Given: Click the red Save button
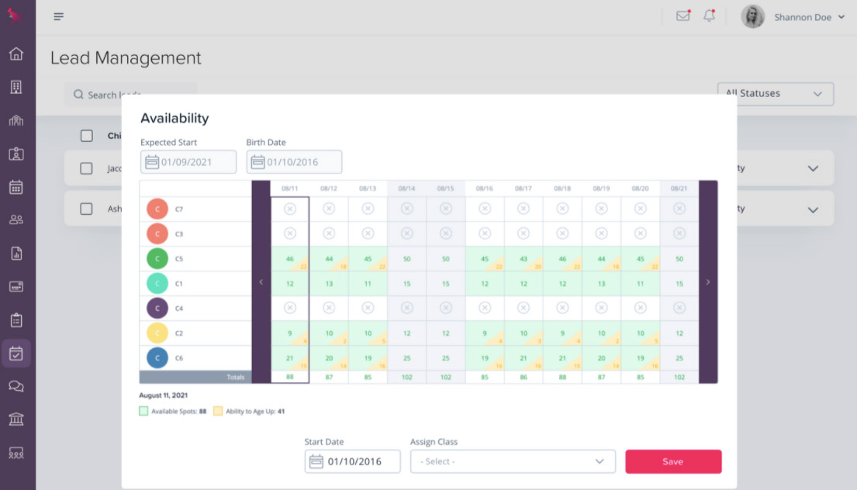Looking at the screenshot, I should coord(673,461).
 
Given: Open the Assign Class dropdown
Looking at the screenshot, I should coord(513,461).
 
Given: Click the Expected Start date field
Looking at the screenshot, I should coord(188,162).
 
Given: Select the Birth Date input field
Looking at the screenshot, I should coord(294,162).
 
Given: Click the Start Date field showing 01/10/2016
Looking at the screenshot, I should coord(353,461).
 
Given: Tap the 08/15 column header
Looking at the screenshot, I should coord(445,188).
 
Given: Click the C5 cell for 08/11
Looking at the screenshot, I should coord(290,259).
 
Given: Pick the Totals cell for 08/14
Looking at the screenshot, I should coord(406,378).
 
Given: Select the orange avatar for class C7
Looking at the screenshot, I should coord(157,209).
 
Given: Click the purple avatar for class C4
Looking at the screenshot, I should coord(157,309).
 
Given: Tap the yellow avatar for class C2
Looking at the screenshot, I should coord(157,333).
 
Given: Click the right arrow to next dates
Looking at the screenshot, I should coord(707,282).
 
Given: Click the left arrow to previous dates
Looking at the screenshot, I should coord(261,282).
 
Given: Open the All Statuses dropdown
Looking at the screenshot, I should coord(775,94).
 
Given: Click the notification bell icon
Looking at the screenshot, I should coord(709,16).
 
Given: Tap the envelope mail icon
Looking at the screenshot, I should coord(682,16).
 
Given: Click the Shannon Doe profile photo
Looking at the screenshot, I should coord(752,17).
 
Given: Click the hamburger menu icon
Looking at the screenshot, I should coord(59,17).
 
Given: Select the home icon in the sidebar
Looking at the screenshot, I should coord(16,54).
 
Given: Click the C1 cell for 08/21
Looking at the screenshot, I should coord(679,284).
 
